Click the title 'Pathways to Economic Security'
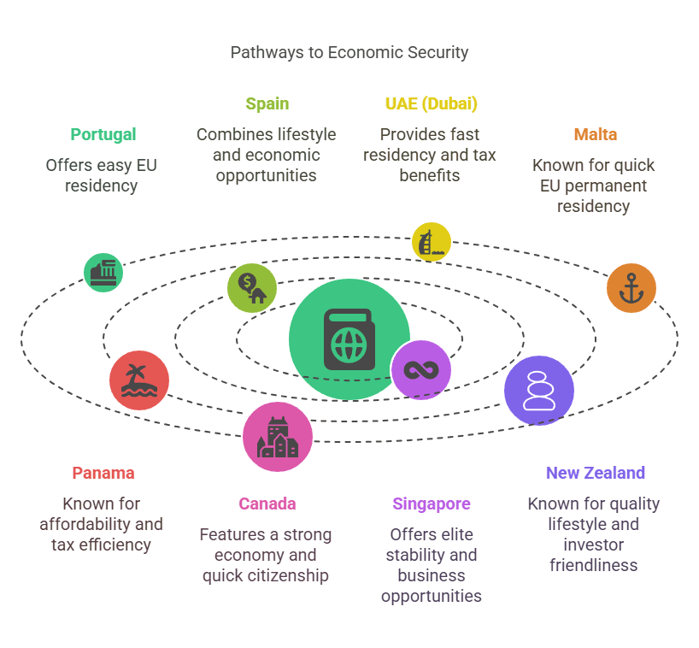(349, 53)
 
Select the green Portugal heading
(103, 135)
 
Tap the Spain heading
(267, 104)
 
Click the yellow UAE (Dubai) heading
(431, 103)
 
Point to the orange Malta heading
(595, 134)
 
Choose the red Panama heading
(103, 473)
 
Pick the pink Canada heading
(267, 504)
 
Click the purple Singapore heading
(431, 504)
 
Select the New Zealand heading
(595, 473)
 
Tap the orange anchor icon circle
(631, 288)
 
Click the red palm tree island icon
(139, 380)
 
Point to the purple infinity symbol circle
(421, 369)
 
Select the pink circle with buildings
(277, 437)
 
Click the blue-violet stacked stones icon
(538, 391)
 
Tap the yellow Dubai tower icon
(431, 242)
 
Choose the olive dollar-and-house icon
(252, 288)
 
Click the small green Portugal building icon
(103, 273)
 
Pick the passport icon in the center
(349, 339)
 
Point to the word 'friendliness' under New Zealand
(593, 565)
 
